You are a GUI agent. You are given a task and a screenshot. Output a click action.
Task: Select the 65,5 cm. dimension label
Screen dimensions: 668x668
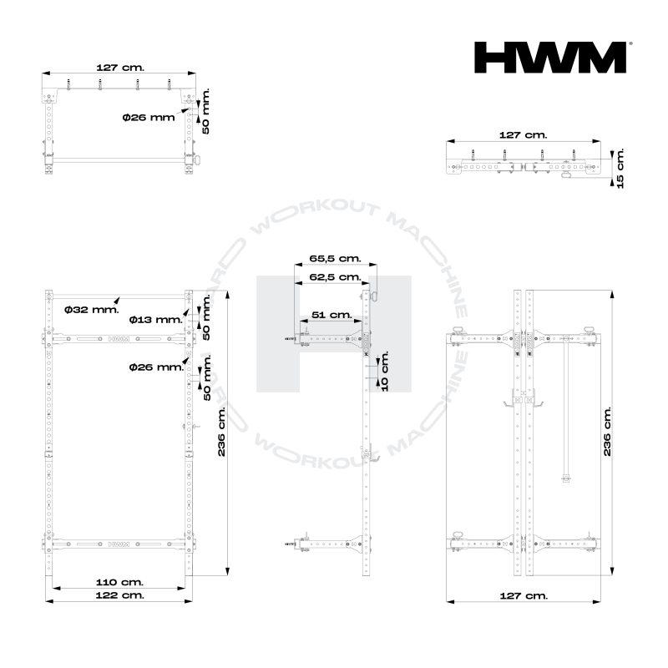tap(334, 260)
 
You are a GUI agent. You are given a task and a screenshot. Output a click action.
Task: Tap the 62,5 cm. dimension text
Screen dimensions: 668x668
tap(334, 276)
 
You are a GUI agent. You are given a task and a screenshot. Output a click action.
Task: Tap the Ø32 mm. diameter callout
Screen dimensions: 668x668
tap(92, 310)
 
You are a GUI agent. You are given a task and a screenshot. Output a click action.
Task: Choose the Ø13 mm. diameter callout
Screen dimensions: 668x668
tap(156, 320)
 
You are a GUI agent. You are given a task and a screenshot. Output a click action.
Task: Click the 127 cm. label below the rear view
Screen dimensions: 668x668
tap(523, 595)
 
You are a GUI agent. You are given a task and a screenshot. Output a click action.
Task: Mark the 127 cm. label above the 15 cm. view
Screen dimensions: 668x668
tap(523, 134)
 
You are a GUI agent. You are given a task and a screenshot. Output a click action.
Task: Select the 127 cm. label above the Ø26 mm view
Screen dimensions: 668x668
tap(119, 66)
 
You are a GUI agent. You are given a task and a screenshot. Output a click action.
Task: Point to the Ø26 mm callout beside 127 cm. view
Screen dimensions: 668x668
tap(148, 118)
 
